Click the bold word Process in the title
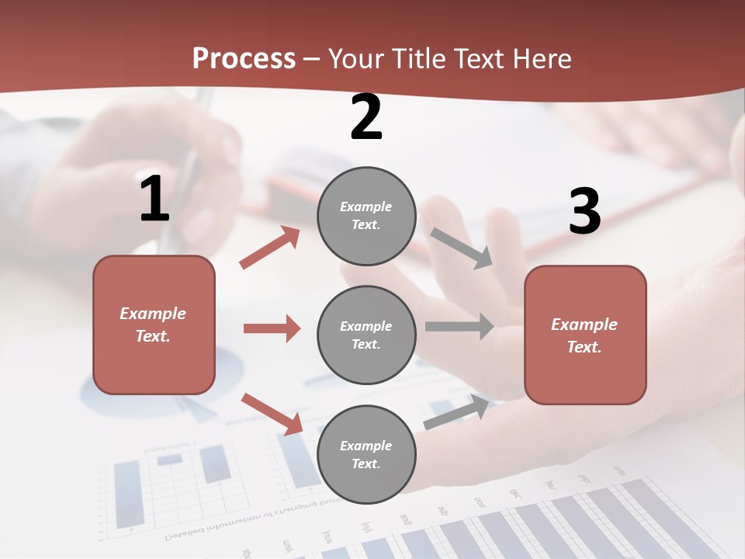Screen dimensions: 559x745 [244, 58]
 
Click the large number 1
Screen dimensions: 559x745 [154, 200]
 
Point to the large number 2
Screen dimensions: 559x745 [366, 117]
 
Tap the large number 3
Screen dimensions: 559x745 [584, 211]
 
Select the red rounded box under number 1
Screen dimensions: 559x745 [154, 325]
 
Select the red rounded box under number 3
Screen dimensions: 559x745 [585, 335]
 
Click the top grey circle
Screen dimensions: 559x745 [366, 215]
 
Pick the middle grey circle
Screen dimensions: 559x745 [366, 335]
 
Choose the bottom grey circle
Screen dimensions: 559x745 [366, 454]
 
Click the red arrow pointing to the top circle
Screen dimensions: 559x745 [270, 248]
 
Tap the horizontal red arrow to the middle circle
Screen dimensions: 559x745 [272, 328]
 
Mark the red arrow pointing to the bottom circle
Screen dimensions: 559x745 [272, 414]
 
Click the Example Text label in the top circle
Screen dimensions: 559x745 [366, 215]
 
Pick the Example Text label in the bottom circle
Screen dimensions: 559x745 [366, 454]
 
